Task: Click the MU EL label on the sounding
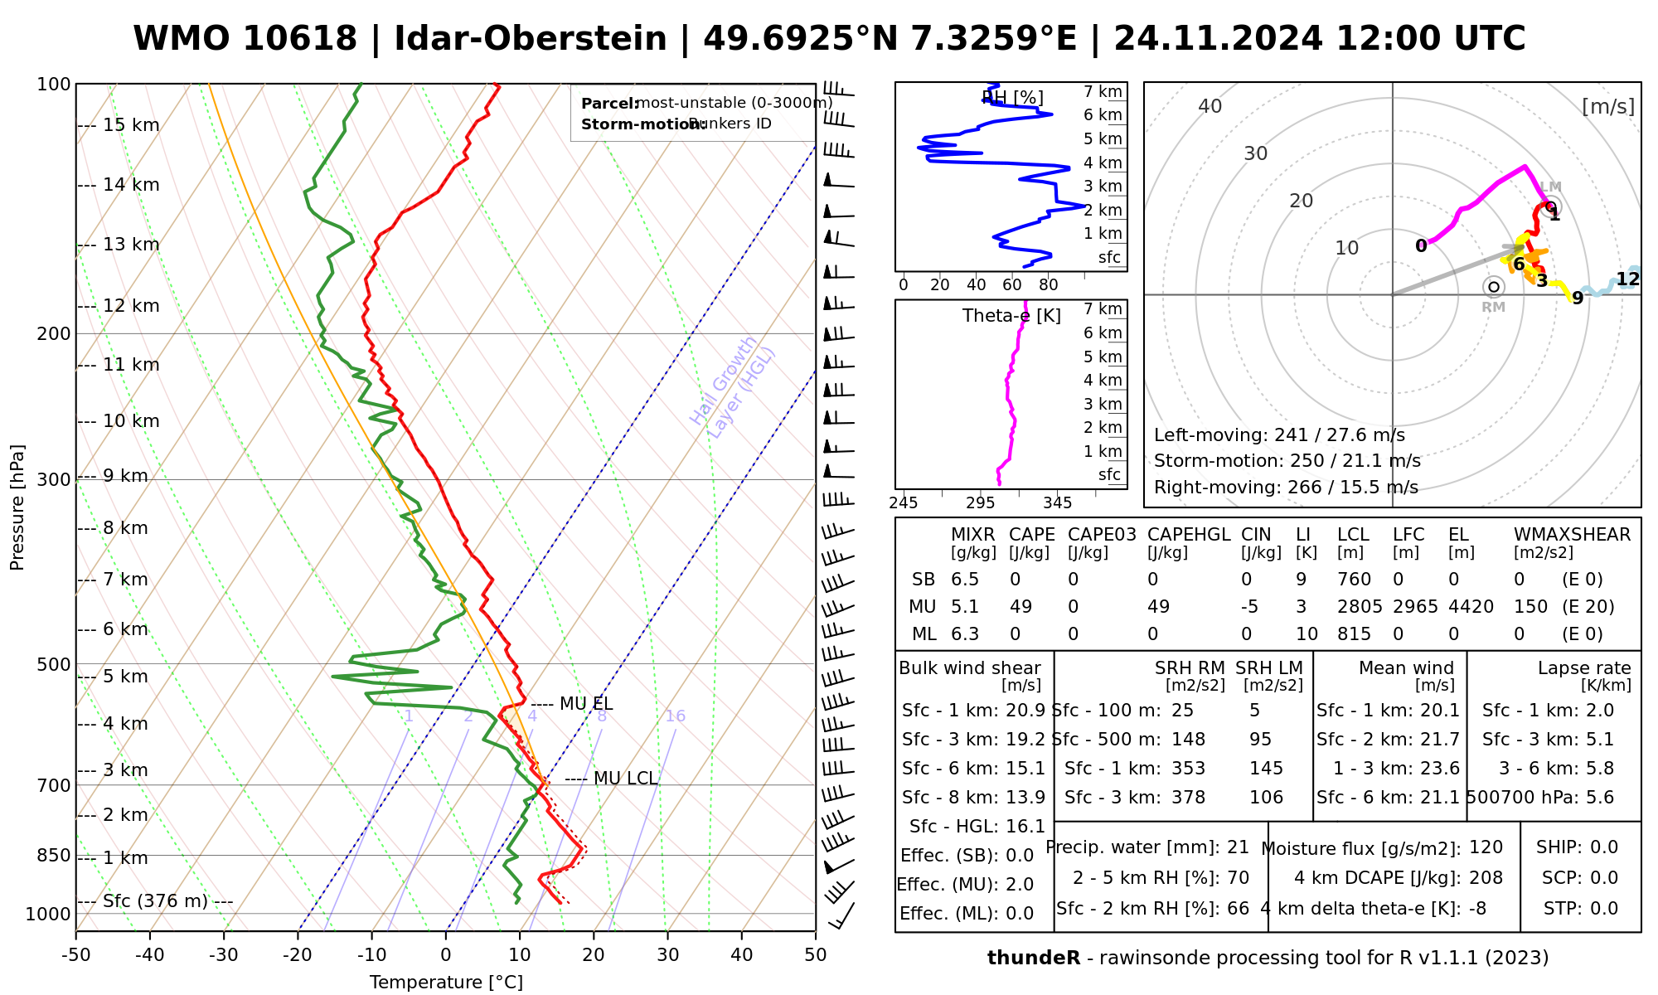coord(586,704)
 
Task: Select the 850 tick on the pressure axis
coord(55,855)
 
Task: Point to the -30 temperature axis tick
coord(224,955)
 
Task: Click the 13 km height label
coord(131,245)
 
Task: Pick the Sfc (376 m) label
coord(155,901)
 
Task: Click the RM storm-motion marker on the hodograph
coord(1493,287)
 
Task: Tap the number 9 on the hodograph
coord(1578,298)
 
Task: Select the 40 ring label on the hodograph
coord(1210,106)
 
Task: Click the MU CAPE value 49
coord(1020,607)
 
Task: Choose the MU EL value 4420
coord(1471,607)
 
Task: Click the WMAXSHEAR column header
coord(1572,535)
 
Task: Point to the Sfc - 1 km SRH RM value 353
coord(1188,769)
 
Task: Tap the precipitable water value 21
coord(1238,847)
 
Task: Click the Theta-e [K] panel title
coord(1011,316)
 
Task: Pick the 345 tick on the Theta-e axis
coord(1057,503)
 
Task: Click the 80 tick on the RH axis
coord(1049,285)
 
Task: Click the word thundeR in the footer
coord(1033,959)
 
